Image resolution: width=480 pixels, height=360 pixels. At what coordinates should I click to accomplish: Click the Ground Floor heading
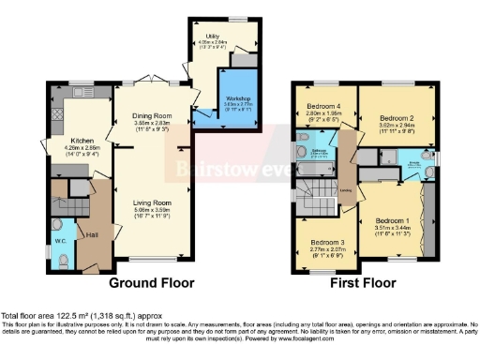pyautogui.click(x=151, y=282)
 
